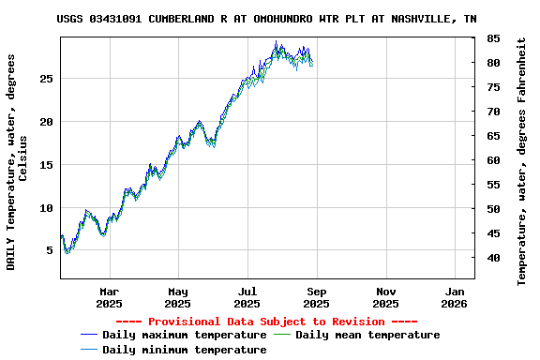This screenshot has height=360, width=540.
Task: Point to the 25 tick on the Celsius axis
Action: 45,79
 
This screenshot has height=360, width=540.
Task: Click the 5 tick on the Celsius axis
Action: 49,250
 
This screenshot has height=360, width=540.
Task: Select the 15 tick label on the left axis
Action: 45,165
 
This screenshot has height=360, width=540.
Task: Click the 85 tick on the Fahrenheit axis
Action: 493,38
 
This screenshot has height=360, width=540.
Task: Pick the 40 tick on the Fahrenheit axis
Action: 493,258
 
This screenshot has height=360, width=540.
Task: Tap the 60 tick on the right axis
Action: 493,160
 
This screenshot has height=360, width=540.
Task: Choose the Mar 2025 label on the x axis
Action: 109,297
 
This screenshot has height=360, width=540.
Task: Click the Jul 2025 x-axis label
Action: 247,297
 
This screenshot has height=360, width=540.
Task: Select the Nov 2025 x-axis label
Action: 385,297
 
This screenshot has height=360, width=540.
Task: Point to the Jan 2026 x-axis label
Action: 454,297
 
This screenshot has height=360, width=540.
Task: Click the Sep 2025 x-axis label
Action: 316,297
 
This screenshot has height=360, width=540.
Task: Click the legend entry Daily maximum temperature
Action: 184,335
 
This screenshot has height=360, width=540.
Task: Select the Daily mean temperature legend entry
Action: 367,335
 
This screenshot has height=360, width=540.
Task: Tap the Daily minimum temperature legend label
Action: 184,350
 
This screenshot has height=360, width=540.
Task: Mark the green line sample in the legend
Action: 281,335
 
